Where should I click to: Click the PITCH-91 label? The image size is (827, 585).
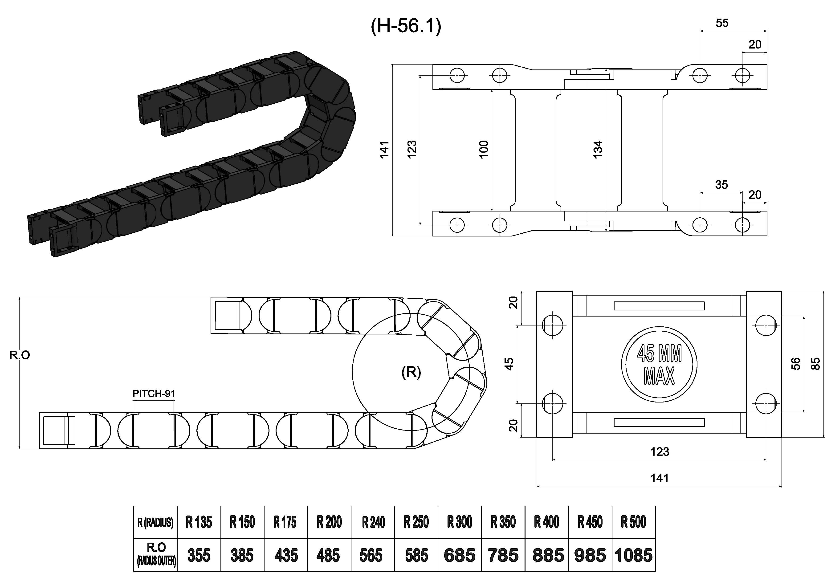click(x=154, y=393)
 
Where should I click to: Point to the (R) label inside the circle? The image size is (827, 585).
click(x=411, y=372)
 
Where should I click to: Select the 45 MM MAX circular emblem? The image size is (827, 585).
click(x=659, y=365)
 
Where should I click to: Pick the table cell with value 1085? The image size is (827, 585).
click(x=633, y=555)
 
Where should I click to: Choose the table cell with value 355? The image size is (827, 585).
click(x=199, y=555)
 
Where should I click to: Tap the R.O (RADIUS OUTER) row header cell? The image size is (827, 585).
click(x=156, y=555)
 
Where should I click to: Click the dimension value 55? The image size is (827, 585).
click(x=722, y=23)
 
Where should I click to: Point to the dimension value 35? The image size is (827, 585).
click(x=721, y=185)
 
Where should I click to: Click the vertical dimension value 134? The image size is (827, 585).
click(x=598, y=149)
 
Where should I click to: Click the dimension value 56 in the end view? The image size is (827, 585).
click(x=796, y=364)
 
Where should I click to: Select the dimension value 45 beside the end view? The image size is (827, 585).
click(x=509, y=364)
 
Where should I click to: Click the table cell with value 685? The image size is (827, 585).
click(x=460, y=555)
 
